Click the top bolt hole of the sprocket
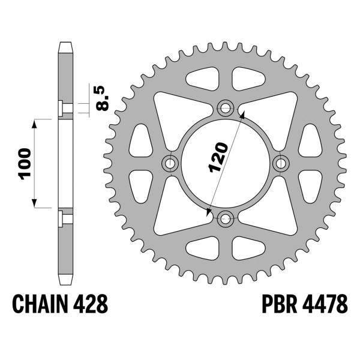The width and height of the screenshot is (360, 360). tap(226, 109)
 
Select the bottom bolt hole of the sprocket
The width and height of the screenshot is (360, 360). tap(226, 218)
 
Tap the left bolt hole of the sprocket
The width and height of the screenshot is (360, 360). tap(170, 163)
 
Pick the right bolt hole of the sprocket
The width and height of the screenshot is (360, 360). tap(280, 163)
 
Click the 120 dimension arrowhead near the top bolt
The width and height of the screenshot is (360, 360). tap(242, 114)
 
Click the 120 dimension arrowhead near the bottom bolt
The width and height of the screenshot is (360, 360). tap(208, 212)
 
